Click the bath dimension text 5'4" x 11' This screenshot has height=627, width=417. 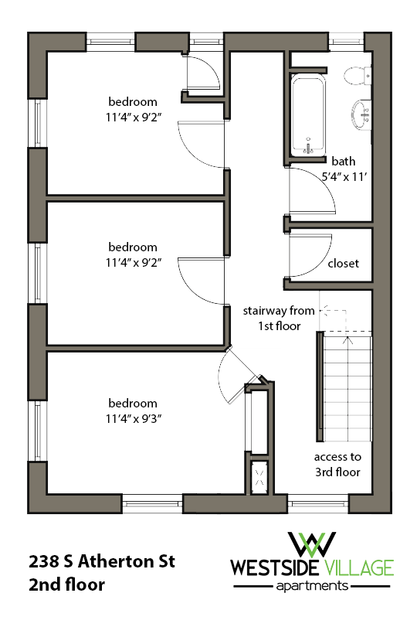pyautogui.click(x=343, y=175)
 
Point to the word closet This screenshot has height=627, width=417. pyautogui.click(x=344, y=263)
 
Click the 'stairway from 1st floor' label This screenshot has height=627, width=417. pyautogui.click(x=279, y=318)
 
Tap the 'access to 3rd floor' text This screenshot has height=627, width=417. pyautogui.click(x=337, y=464)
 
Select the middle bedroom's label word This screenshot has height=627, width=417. pyautogui.click(x=133, y=247)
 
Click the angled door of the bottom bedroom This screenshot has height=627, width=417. pyautogui.click(x=232, y=375)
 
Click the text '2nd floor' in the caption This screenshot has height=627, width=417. pyautogui.click(x=66, y=585)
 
